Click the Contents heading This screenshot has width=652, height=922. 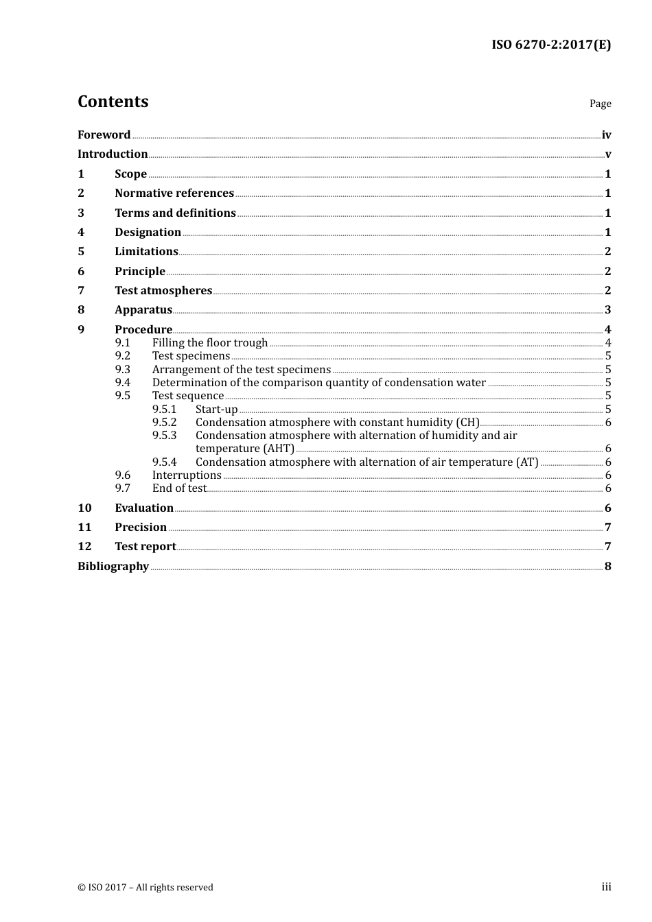pos(113,102)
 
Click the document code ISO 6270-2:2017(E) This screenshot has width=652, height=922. pos(550,45)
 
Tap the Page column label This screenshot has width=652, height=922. pos(600,104)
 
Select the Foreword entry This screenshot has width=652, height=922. pos(104,135)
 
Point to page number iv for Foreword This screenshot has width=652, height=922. pos(606,135)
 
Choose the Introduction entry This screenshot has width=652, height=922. pos(113,154)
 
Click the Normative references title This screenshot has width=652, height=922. pos(174,193)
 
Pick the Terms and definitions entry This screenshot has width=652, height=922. pos(175,213)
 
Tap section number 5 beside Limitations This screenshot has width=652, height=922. pos(81,252)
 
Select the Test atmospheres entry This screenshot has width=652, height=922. pos(163,291)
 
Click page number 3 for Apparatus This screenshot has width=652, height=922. pos(607,310)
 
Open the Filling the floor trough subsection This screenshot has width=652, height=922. pos(210,343)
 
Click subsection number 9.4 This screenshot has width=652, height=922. pos(123,383)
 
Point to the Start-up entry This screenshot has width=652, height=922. pos(217,410)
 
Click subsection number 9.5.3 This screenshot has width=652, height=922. pos(165,436)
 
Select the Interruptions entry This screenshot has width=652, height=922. pos(187,475)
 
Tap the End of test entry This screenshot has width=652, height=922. pos(179,488)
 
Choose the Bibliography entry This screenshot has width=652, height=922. pos(113,567)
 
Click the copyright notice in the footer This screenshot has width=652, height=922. pos(145,888)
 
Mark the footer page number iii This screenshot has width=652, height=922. pos(606,888)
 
